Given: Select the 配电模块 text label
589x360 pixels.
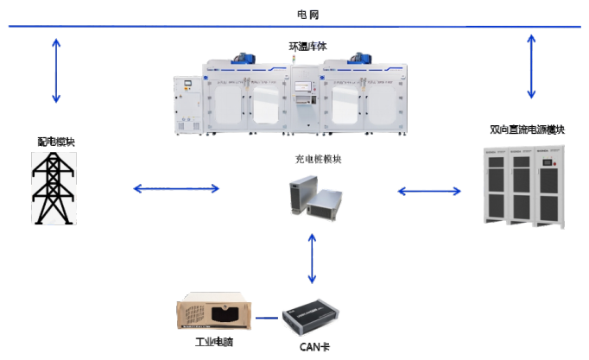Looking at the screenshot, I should pos(55,142).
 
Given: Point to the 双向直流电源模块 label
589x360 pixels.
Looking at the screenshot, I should pos(527,129).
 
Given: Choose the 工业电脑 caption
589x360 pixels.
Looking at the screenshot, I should pos(213,342).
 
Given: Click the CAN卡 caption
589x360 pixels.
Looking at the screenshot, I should pos(312,347).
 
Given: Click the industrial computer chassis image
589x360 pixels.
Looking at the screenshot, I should pos(215,313).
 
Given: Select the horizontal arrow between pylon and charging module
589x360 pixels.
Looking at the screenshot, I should pos(176,188).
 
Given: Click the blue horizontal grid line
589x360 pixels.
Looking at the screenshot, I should pos(173,27).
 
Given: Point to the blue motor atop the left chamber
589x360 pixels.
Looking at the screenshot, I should pos(244,59).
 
